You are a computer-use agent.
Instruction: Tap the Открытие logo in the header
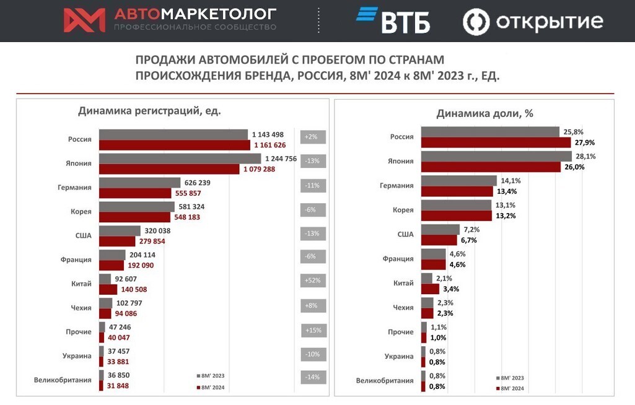click(533, 22)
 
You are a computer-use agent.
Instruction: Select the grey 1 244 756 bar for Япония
click(180, 159)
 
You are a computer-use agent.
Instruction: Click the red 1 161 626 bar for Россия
click(173, 144)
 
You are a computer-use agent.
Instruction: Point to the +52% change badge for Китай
click(313, 281)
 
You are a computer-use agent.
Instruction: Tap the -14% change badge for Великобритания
click(313, 377)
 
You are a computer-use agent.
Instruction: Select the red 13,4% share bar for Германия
click(457, 191)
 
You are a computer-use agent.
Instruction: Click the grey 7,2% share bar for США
click(440, 229)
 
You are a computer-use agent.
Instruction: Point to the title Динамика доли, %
click(485, 113)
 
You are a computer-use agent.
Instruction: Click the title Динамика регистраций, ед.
click(149, 111)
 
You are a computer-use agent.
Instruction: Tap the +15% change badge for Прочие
click(313, 331)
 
